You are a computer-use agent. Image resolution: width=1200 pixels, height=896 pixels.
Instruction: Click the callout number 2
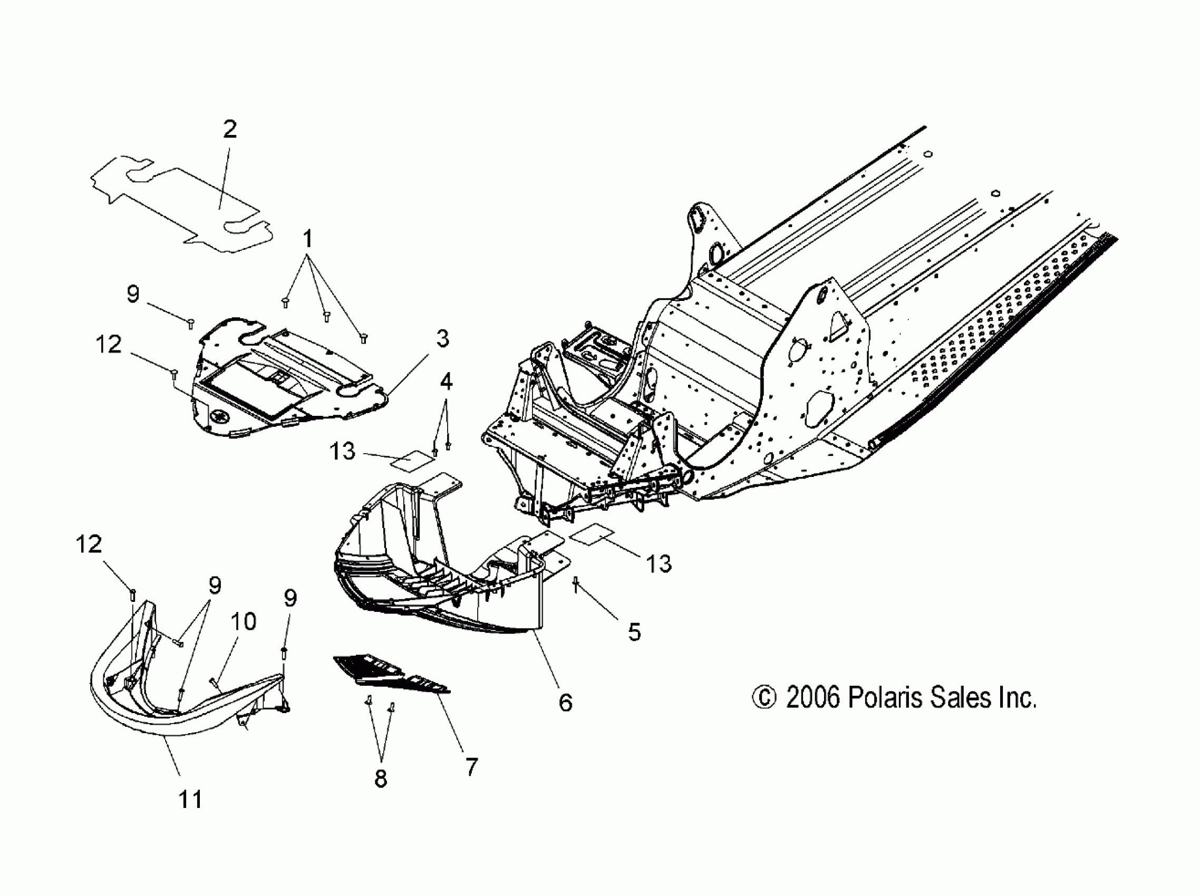click(229, 129)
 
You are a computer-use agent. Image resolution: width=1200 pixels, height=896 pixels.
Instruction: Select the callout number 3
click(443, 339)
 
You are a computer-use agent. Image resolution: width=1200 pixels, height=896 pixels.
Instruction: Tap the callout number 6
click(565, 703)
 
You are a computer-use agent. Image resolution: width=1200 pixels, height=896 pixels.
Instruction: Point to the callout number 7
click(471, 767)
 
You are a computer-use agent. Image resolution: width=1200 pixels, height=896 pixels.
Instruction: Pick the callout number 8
click(381, 779)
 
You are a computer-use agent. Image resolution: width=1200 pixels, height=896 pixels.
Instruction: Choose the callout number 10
click(243, 621)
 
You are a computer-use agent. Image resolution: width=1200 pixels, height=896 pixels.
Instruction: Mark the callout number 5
click(634, 632)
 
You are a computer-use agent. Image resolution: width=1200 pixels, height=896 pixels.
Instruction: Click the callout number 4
click(446, 382)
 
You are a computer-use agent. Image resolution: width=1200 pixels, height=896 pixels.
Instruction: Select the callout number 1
click(307, 238)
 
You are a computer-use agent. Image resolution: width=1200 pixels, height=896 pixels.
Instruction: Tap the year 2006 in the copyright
click(812, 697)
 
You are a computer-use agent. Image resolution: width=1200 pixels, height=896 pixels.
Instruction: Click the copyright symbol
click(764, 698)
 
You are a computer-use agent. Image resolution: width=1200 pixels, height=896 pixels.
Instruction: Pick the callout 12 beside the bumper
click(89, 544)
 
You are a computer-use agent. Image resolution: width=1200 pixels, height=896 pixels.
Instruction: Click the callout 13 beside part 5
click(659, 564)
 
